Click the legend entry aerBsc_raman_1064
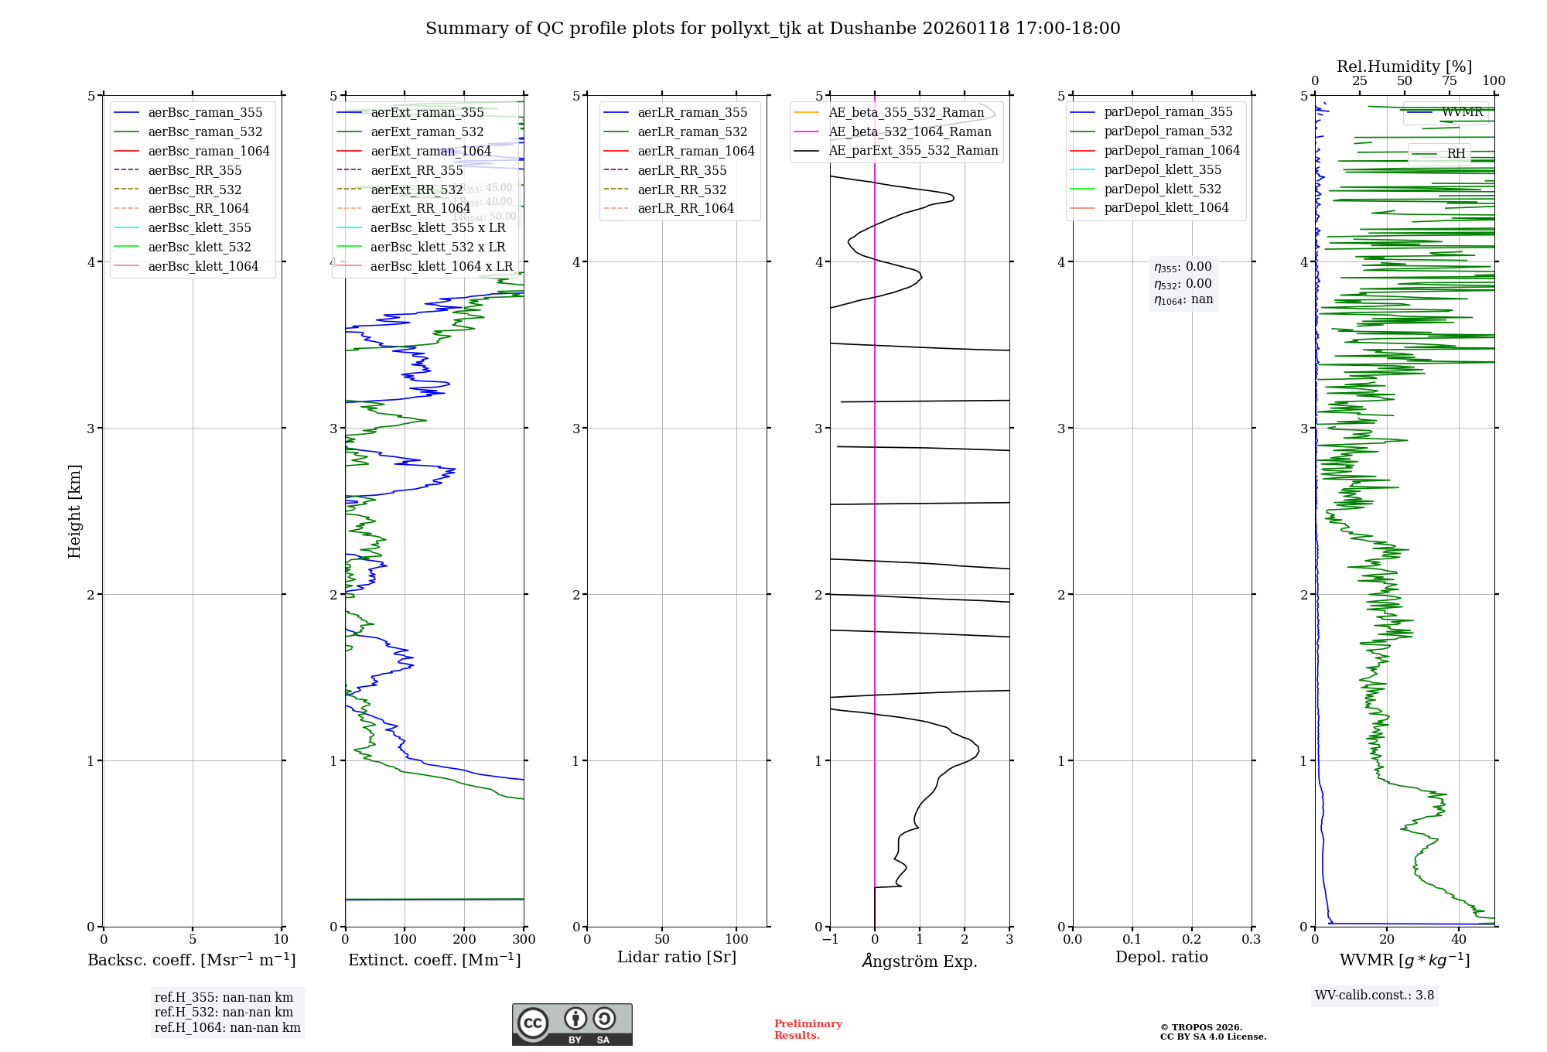(x=209, y=151)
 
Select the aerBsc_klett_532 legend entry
(x=200, y=247)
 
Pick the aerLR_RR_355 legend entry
(x=681, y=170)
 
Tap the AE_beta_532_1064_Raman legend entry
(x=910, y=131)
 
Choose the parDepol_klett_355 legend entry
(x=1163, y=169)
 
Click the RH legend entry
(x=1456, y=153)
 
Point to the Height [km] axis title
(x=74, y=511)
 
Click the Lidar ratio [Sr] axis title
(x=677, y=957)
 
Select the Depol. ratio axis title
(x=1161, y=957)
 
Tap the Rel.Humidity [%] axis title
(x=1404, y=67)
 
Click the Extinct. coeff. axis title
(x=434, y=960)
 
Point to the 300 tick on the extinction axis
(x=524, y=939)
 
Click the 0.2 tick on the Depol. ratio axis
(x=1192, y=939)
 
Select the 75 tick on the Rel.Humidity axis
(x=1449, y=81)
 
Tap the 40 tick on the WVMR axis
(x=1458, y=939)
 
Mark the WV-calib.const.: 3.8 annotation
(x=1375, y=995)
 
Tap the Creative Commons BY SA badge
(x=572, y=1024)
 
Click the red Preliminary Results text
(x=808, y=1029)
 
